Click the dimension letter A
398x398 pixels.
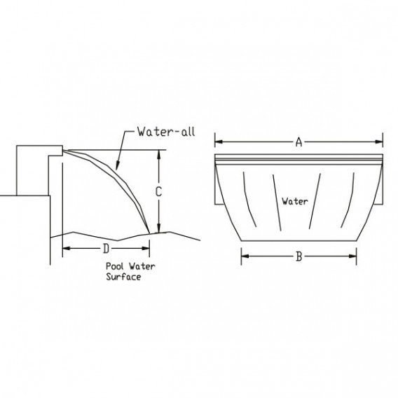pos(298,142)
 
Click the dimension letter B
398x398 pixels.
pos(298,256)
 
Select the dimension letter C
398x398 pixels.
pos(160,191)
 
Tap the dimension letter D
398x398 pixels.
pos(106,248)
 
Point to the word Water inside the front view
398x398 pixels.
pos(295,201)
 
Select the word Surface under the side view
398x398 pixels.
pos(124,277)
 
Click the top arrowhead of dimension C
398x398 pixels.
pos(160,154)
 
